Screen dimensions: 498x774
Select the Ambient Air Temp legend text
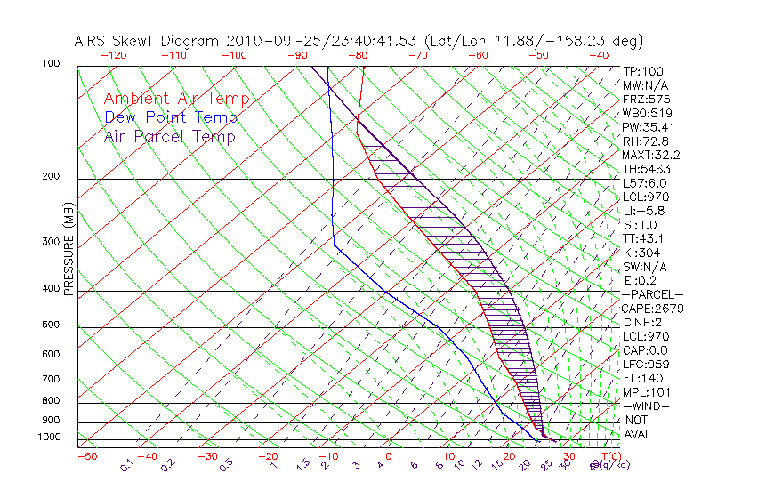(x=176, y=99)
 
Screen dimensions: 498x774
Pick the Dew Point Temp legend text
(x=171, y=117)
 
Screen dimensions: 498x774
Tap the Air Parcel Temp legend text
(x=169, y=136)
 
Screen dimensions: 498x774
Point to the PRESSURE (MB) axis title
(x=69, y=253)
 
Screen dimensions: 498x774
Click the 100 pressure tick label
(x=52, y=64)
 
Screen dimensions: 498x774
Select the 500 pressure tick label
(x=52, y=325)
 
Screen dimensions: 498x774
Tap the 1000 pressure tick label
(x=49, y=438)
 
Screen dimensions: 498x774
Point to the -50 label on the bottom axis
(x=87, y=456)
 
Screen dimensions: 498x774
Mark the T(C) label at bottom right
(x=606, y=456)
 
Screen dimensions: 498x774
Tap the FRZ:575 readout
(x=646, y=99)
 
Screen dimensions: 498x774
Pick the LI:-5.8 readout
(x=644, y=211)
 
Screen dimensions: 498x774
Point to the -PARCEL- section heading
(x=652, y=294)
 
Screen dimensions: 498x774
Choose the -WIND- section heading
(x=647, y=406)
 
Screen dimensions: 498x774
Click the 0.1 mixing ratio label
(x=126, y=464)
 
